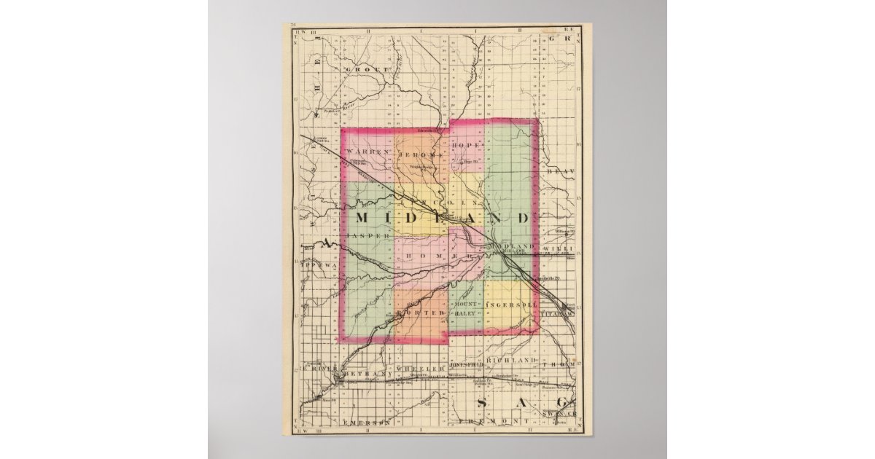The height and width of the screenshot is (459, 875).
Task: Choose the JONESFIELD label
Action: pos(467,362)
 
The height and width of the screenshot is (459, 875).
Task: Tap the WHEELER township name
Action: pos(420,369)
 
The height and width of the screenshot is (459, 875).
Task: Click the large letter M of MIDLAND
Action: pos(365,219)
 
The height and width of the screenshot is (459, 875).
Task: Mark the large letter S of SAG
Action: pos(481,404)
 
